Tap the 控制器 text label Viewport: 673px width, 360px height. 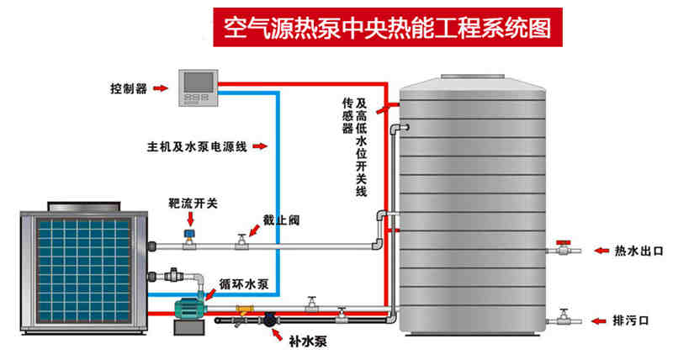coord(128,87)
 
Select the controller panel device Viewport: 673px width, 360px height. coord(199,87)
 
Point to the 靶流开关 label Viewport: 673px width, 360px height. coord(193,203)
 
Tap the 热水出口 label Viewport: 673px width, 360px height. coord(640,250)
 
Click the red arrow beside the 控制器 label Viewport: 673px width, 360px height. coord(162,88)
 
